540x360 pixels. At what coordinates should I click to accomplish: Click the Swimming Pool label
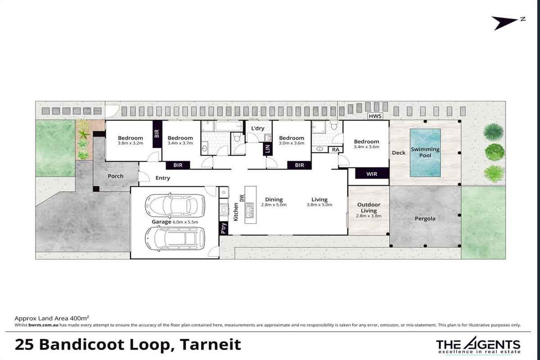pos(425,153)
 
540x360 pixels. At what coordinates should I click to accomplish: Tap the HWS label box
pos(375,116)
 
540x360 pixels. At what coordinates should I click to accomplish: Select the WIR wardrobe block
pos(372,174)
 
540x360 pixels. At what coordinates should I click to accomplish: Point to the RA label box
pos(336,149)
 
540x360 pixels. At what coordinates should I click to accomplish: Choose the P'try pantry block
pos(224,228)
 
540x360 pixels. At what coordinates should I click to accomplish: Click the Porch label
pos(116,176)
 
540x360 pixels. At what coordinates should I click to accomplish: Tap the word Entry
pos(163,178)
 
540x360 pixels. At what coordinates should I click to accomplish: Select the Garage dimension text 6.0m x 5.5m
pos(185,222)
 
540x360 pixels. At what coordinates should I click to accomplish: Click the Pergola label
pos(425,219)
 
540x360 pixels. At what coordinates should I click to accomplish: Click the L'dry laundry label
pos(258,128)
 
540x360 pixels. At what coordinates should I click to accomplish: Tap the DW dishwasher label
pos(242,198)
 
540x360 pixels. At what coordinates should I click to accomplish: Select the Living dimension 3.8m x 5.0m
pos(319,205)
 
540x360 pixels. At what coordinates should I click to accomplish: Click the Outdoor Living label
pos(369,207)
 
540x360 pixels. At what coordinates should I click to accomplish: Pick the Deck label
pos(399,153)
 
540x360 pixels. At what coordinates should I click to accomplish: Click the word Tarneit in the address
pos(210,344)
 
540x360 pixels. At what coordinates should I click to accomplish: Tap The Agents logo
pos(478,345)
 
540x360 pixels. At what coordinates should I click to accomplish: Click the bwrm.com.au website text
pos(43,325)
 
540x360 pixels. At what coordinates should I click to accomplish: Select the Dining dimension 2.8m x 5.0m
pos(274,205)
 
